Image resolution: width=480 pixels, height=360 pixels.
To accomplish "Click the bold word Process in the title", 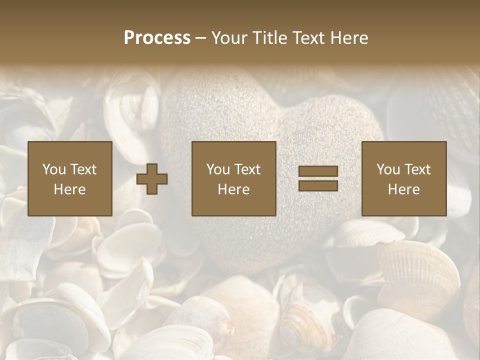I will point(157,38).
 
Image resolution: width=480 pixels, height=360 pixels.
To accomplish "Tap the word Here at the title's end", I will point(349,38).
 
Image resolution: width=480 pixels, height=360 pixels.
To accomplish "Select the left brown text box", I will point(69,178).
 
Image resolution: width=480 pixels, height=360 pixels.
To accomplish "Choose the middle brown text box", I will point(233,178).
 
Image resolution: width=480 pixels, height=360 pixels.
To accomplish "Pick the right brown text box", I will point(403,178).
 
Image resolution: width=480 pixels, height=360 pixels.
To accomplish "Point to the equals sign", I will point(318,178).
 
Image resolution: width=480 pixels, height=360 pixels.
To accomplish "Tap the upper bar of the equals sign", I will point(318,172).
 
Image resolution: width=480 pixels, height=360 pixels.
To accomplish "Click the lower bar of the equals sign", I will point(318,185).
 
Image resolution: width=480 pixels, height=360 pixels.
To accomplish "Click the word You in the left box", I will point(54,169).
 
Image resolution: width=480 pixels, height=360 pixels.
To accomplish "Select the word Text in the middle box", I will point(247,169).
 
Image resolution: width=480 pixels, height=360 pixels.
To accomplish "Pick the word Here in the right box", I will point(403,189).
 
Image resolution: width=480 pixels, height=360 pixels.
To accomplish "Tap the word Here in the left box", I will point(69,189).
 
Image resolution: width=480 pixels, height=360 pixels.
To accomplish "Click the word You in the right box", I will point(388,169).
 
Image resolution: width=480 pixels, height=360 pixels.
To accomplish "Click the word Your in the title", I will point(230,38).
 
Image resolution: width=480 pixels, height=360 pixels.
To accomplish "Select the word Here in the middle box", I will point(233,189).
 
